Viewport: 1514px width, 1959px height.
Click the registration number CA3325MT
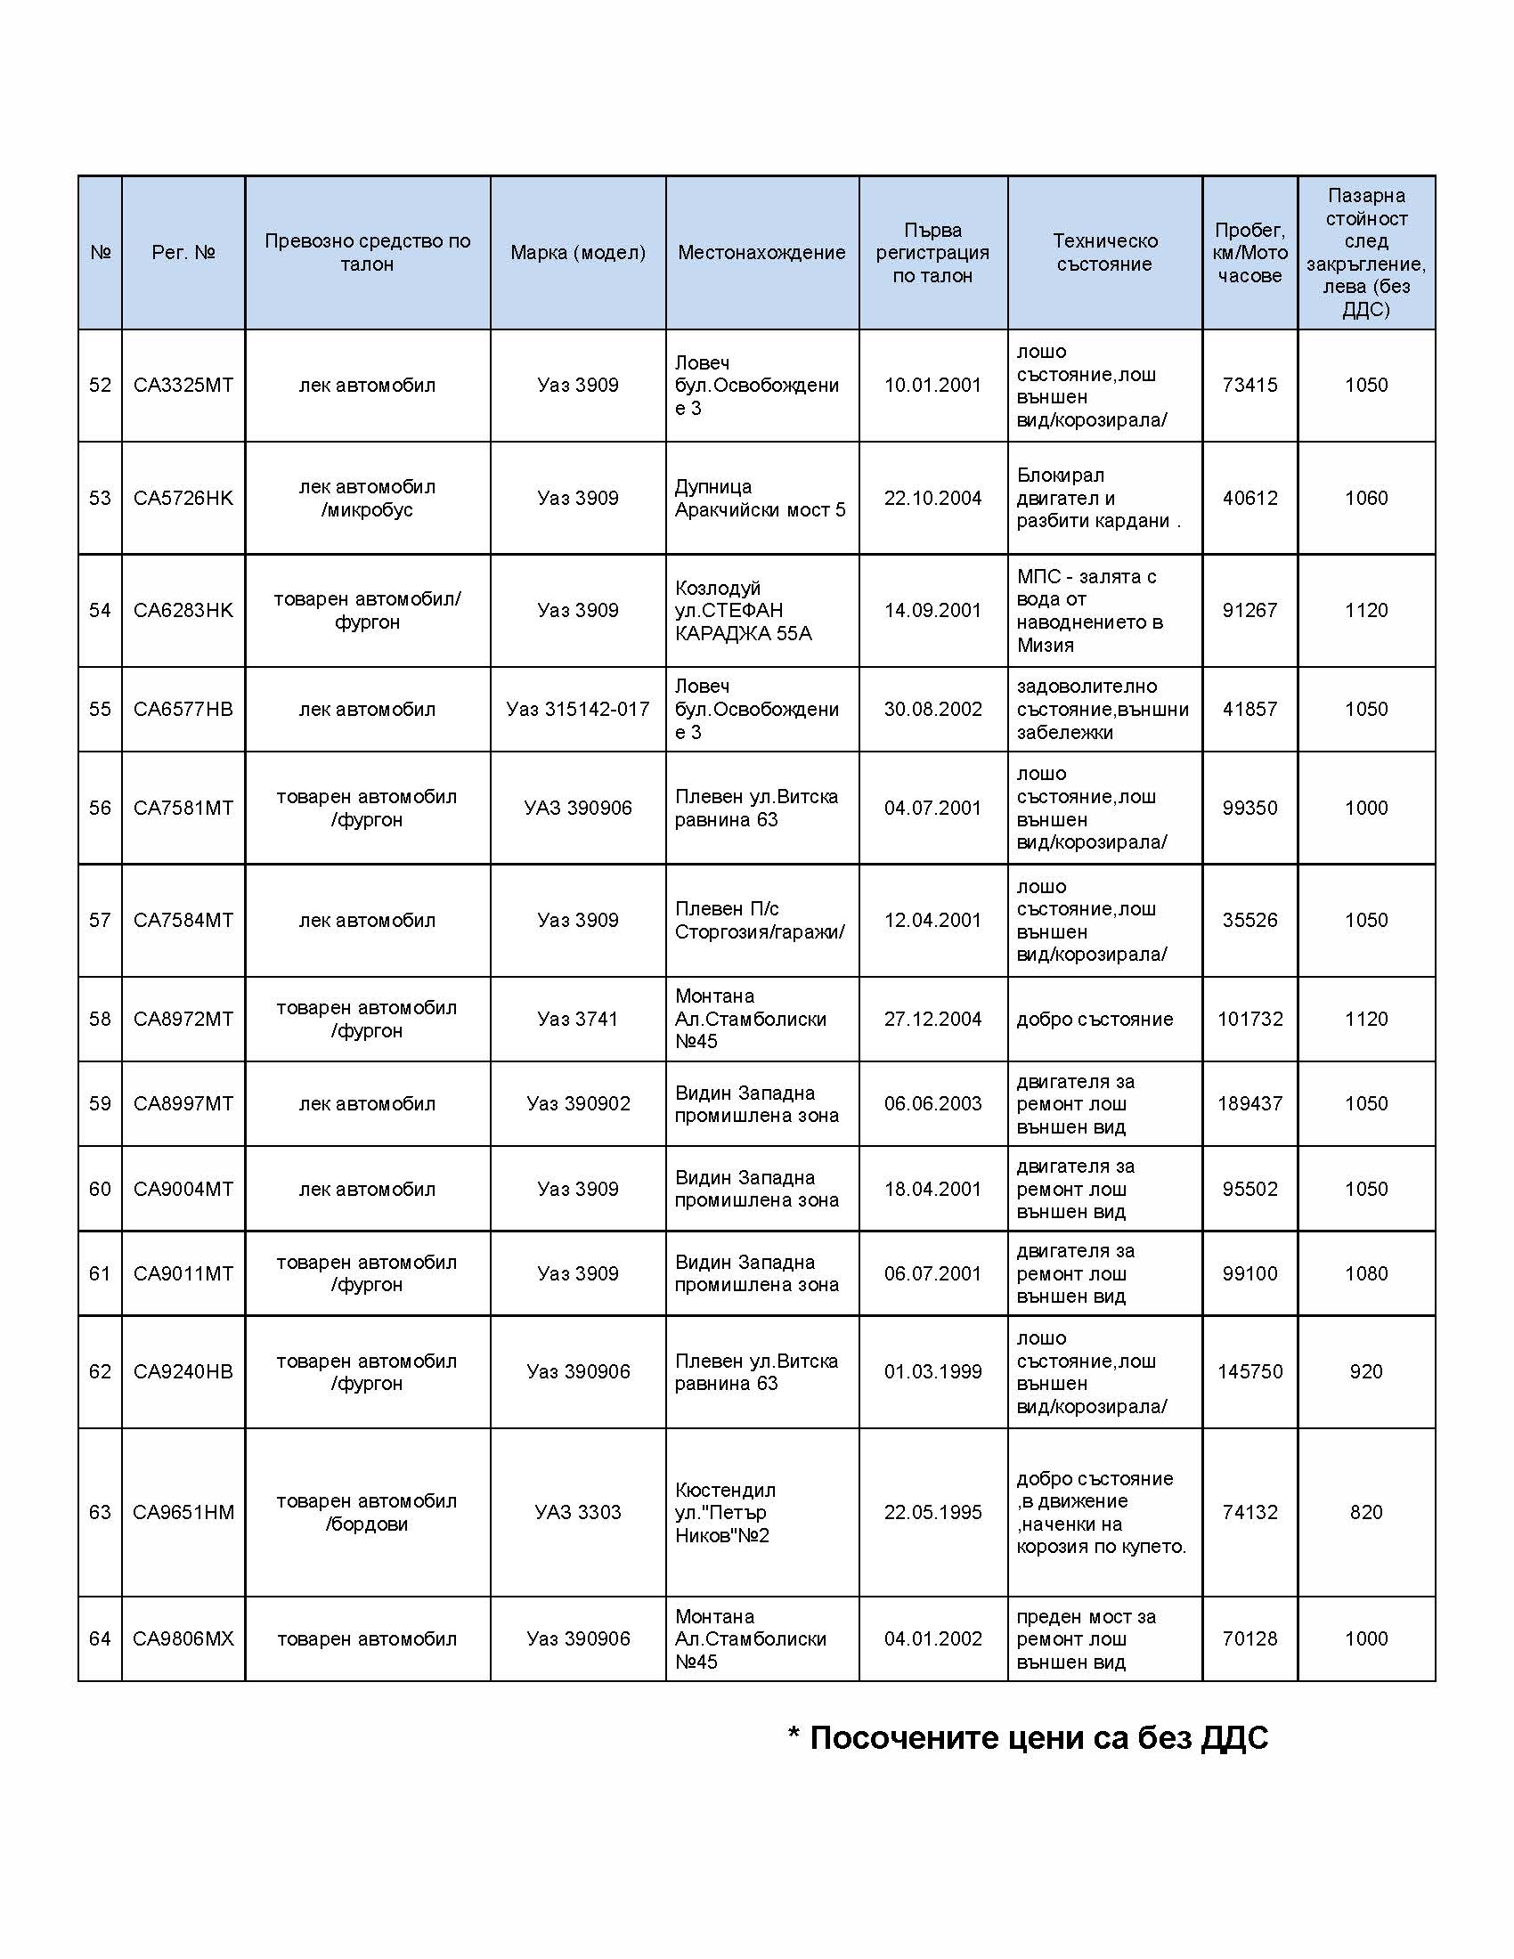pyautogui.click(x=183, y=385)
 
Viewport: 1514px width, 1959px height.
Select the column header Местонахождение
pyautogui.click(x=761, y=252)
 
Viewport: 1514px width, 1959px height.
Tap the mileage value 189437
pyautogui.click(x=1249, y=1103)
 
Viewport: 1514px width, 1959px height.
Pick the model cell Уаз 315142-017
pyautogui.click(x=578, y=709)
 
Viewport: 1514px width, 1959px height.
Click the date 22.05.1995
pyautogui.click(x=932, y=1511)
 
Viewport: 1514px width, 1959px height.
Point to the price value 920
pyautogui.click(x=1365, y=1370)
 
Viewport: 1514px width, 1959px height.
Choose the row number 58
pyautogui.click(x=100, y=1018)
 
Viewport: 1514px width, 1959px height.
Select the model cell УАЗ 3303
pyautogui.click(x=578, y=1511)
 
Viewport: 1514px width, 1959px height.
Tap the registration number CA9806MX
pyautogui.click(x=183, y=1638)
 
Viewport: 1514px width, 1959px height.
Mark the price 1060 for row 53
pyautogui.click(x=1365, y=498)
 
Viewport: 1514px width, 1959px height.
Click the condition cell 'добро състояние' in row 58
pyautogui.click(x=1095, y=1019)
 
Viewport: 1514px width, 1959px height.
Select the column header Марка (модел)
pyautogui.click(x=578, y=252)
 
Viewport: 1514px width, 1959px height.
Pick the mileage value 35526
pyautogui.click(x=1249, y=920)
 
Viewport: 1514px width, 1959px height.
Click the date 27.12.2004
pyautogui.click(x=932, y=1018)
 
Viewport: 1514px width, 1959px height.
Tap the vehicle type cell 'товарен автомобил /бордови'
pyautogui.click(x=367, y=1511)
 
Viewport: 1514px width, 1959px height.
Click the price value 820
pyautogui.click(x=1365, y=1511)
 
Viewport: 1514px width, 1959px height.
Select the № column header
pyautogui.click(x=100, y=252)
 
